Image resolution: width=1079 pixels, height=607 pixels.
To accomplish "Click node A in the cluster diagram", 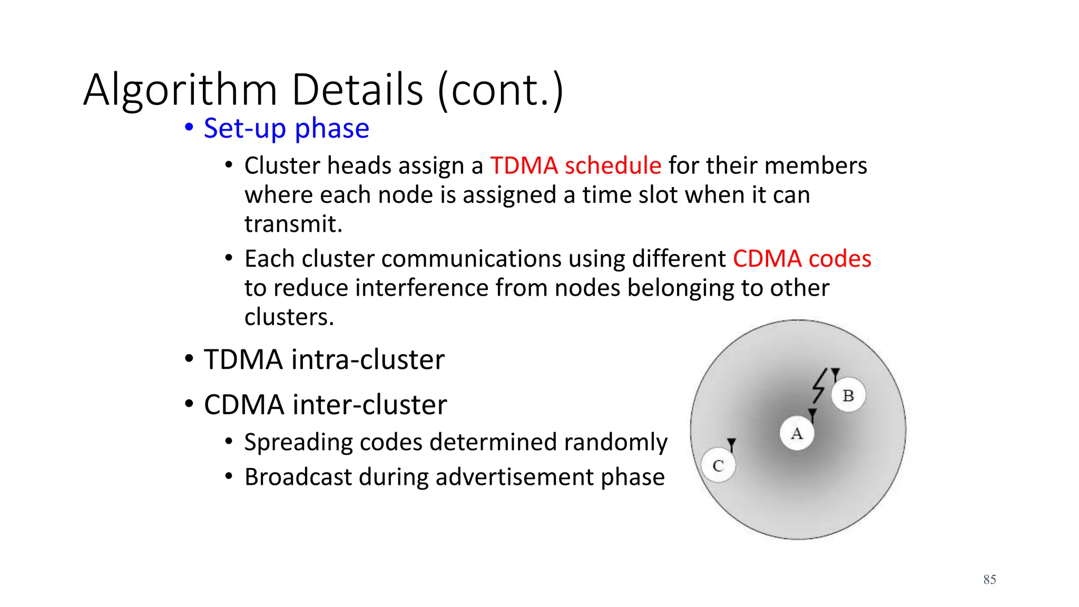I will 797,433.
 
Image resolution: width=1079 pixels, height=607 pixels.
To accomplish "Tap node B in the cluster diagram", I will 848,395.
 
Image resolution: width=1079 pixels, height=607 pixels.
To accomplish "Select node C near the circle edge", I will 718,465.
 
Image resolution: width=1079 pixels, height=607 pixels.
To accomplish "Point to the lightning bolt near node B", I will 819,386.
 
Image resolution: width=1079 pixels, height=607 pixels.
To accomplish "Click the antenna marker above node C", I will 731,444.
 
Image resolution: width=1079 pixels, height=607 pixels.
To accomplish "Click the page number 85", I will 989,580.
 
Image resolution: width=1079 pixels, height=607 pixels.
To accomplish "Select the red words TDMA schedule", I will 575,165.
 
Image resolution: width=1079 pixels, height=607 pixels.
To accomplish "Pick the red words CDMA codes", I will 801,259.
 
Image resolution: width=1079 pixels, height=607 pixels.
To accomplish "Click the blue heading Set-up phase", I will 286,128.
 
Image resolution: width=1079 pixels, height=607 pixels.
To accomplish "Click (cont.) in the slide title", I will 501,90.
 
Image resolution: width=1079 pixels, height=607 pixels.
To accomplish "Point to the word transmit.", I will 293,224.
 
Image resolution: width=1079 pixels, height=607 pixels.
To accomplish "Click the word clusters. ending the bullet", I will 289,317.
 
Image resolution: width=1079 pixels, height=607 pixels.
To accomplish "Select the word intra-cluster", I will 368,359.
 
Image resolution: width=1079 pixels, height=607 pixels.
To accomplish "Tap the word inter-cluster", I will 369,405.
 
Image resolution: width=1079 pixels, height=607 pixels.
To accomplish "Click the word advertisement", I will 514,477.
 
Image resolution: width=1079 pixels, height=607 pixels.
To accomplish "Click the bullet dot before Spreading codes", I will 229,441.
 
